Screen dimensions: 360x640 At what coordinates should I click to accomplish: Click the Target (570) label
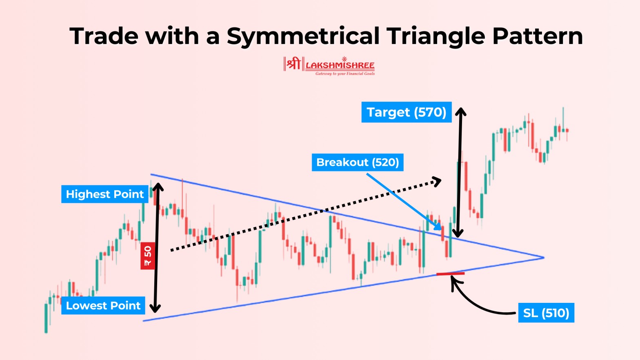coord(406,112)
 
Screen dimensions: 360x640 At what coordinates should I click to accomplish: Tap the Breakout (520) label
coord(358,162)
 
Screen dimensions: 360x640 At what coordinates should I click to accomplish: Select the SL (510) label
coord(546,313)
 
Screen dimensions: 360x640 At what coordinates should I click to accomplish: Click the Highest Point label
coord(105,194)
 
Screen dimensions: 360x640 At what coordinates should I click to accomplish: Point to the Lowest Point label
coord(103,306)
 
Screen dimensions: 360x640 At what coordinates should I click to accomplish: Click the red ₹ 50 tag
coord(148,256)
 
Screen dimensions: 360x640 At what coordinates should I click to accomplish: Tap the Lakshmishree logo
coord(329,65)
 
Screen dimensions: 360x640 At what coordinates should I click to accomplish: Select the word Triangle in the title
coord(436,36)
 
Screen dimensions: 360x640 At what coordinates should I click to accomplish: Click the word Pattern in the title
coord(537,36)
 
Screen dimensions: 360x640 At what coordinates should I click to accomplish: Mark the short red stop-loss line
coord(450,273)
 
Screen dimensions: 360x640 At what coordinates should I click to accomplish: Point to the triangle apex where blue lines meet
coord(543,258)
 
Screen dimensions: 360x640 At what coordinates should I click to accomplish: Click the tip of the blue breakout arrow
coord(440,229)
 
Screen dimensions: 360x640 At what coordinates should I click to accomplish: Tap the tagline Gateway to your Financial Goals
coord(345,74)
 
